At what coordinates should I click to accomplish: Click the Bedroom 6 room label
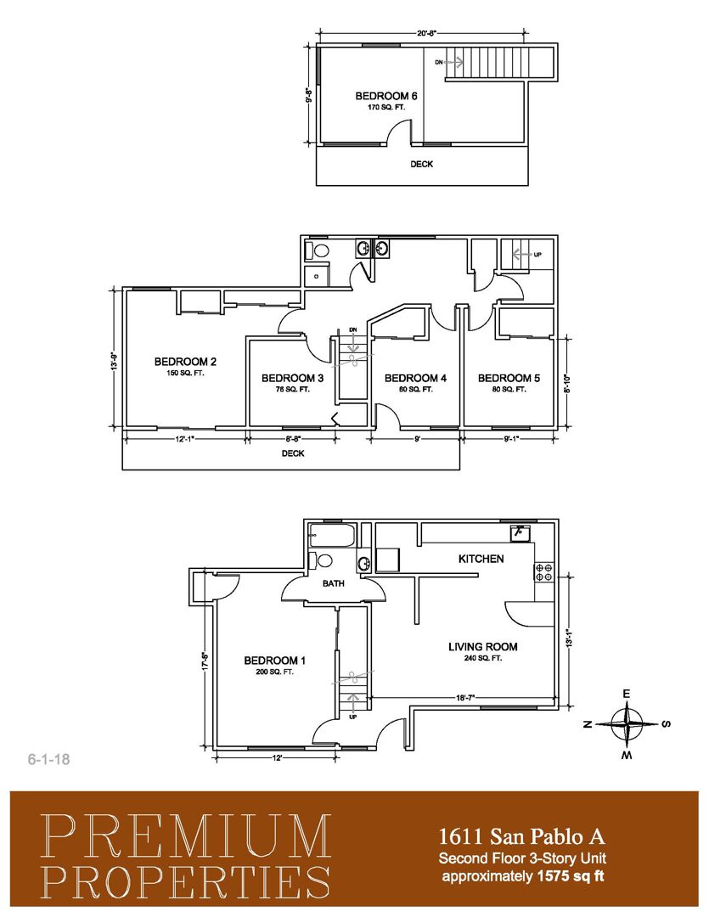click(x=386, y=96)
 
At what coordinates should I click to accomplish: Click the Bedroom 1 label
click(x=275, y=661)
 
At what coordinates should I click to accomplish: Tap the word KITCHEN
click(x=481, y=559)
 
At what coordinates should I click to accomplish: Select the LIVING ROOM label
click(x=482, y=647)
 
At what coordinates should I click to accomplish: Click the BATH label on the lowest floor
click(x=333, y=584)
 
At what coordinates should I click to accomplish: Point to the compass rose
click(x=627, y=724)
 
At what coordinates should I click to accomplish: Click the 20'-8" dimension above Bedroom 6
click(x=427, y=33)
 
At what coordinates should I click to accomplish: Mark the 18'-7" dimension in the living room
click(x=466, y=698)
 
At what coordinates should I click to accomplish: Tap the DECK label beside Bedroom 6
click(x=422, y=164)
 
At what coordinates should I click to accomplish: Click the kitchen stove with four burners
click(x=543, y=572)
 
